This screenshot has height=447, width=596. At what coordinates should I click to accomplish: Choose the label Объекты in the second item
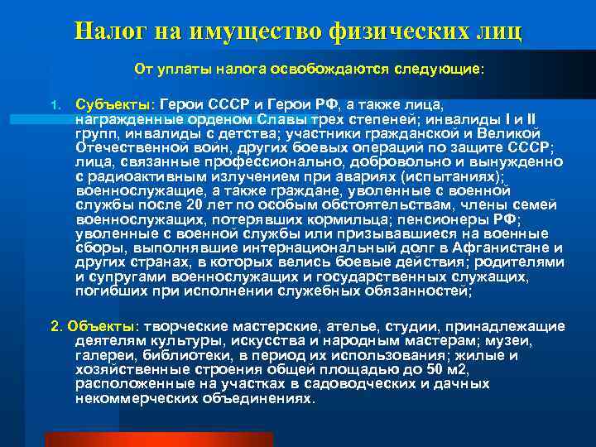(102, 326)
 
